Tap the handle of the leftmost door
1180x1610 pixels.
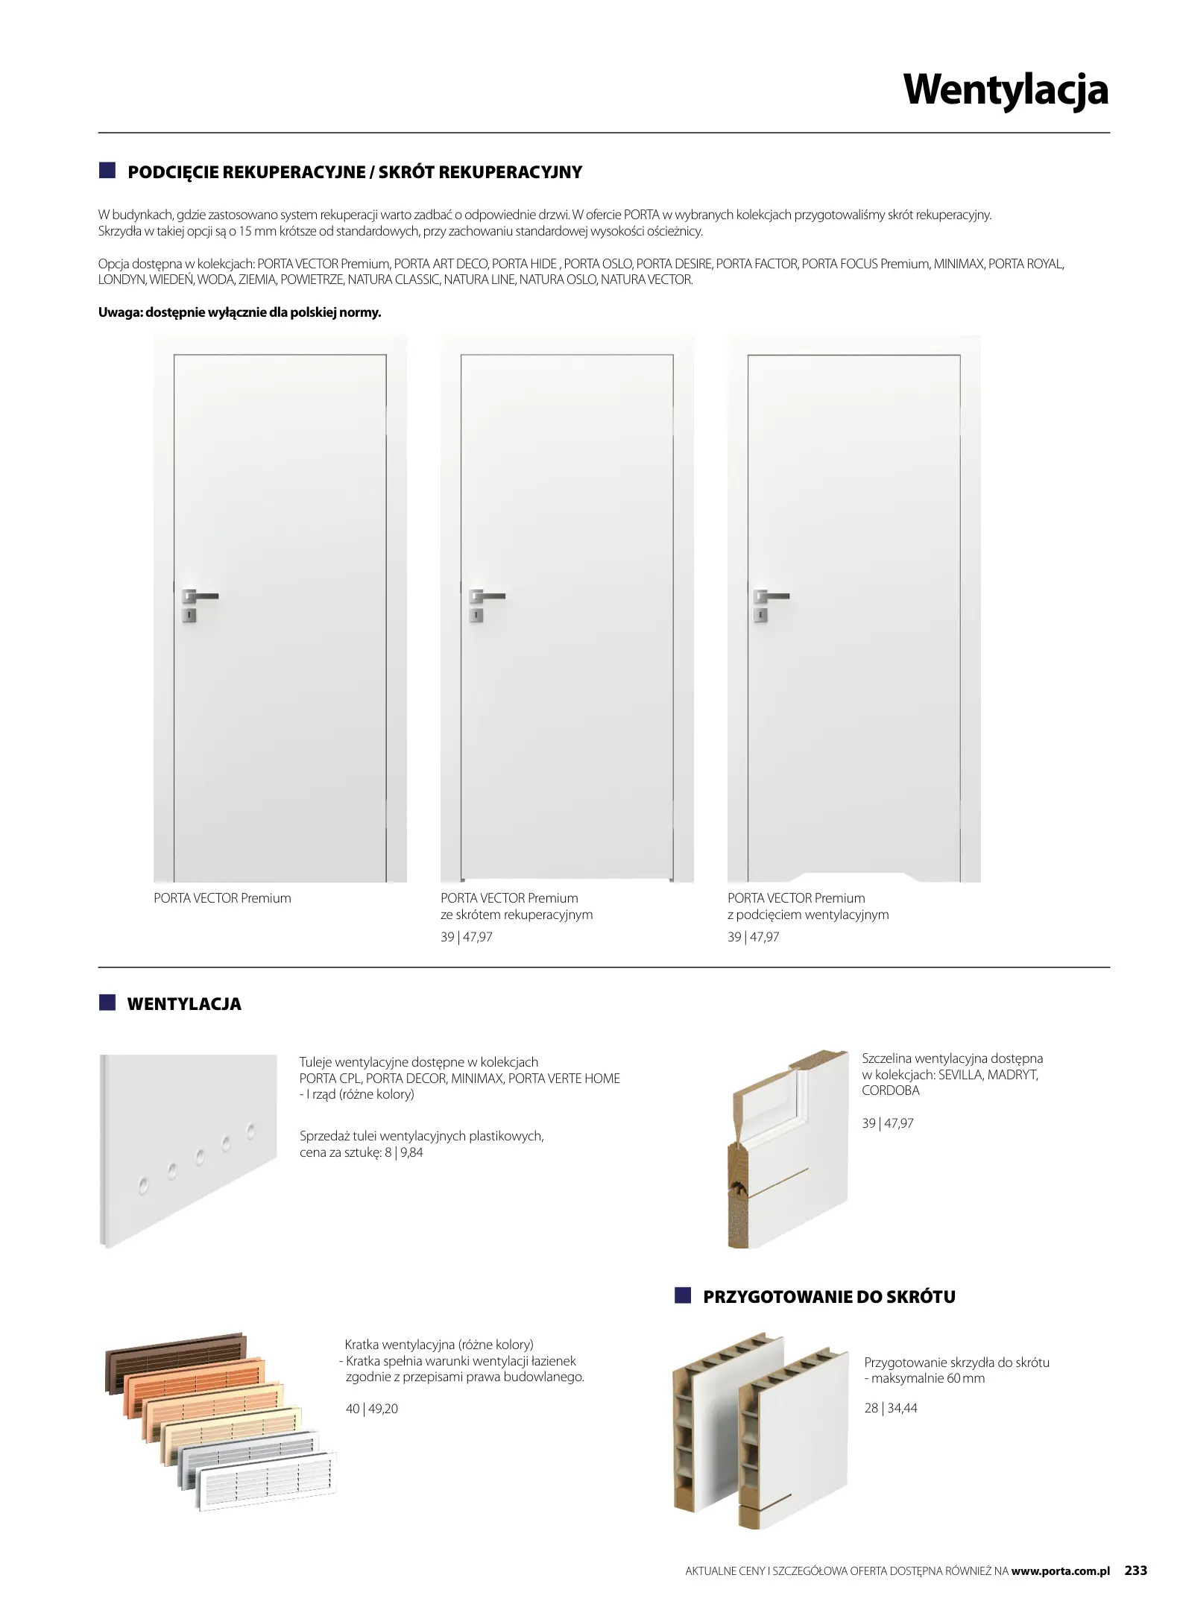tap(200, 596)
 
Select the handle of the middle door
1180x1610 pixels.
tap(487, 596)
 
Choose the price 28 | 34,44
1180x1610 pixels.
tap(891, 1408)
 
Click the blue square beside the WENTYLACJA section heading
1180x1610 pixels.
tap(108, 1003)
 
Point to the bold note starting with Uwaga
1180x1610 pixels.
tap(239, 312)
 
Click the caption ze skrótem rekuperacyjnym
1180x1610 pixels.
tap(517, 915)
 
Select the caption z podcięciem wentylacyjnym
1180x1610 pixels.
tap(808, 915)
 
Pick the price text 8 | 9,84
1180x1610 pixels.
tap(404, 1152)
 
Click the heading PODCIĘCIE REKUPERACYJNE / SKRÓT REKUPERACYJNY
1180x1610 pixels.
tap(355, 172)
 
